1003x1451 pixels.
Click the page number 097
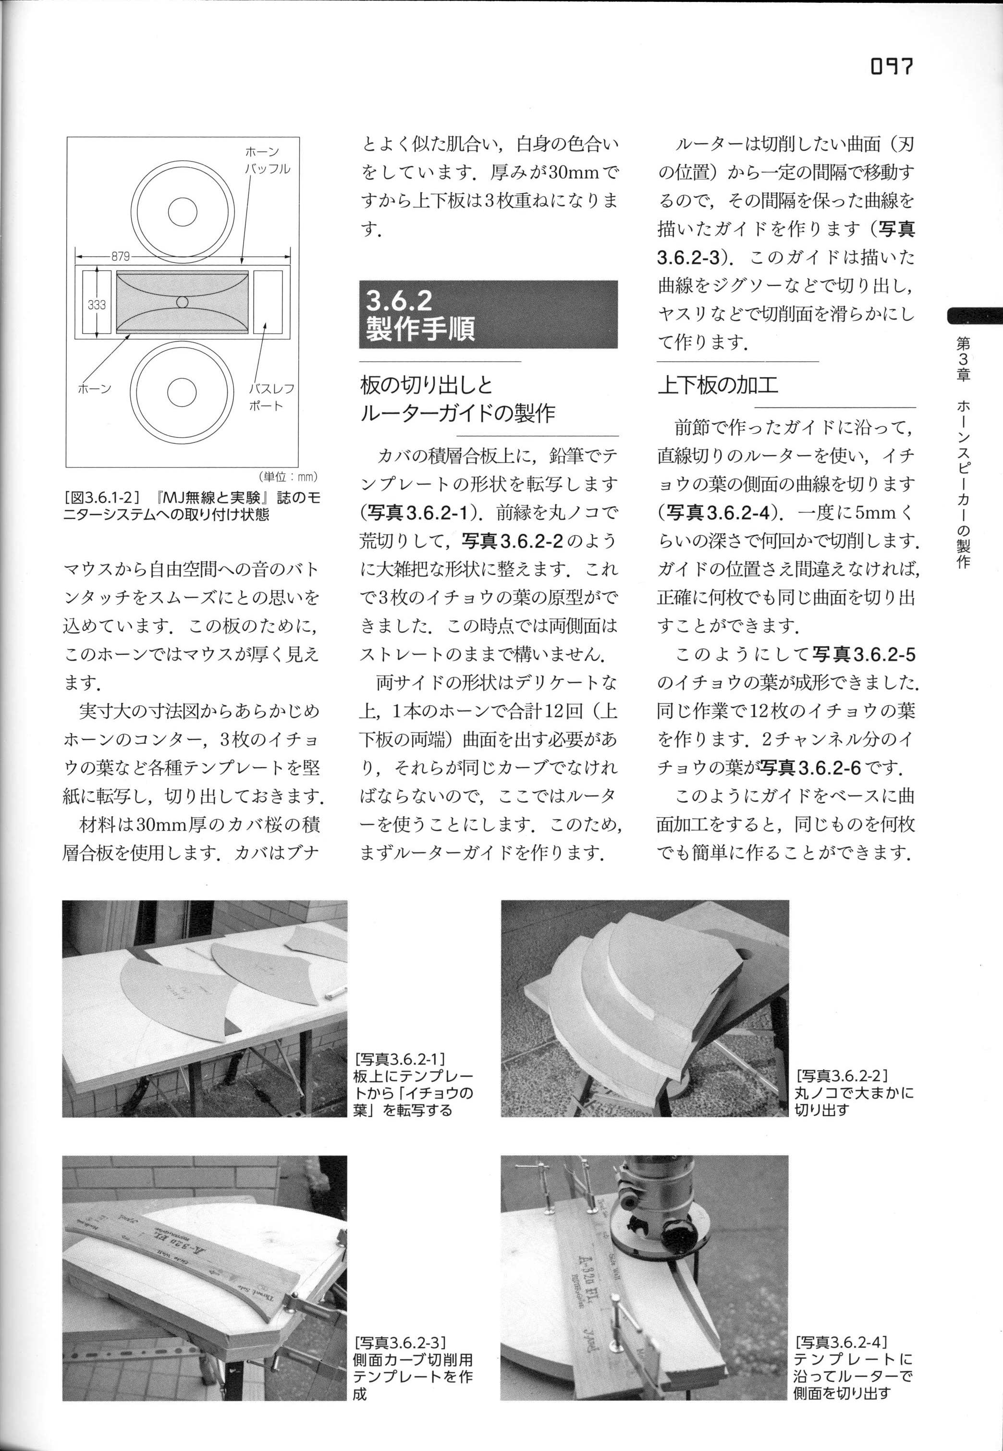(891, 66)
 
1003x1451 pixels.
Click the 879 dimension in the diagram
(121, 257)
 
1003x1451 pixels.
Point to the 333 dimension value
(96, 305)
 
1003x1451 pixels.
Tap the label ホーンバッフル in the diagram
(267, 160)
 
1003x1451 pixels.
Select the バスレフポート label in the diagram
(271, 396)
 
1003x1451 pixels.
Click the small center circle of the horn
(182, 302)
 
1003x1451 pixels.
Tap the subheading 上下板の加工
(718, 384)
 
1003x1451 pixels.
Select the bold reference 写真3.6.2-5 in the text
(864, 655)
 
